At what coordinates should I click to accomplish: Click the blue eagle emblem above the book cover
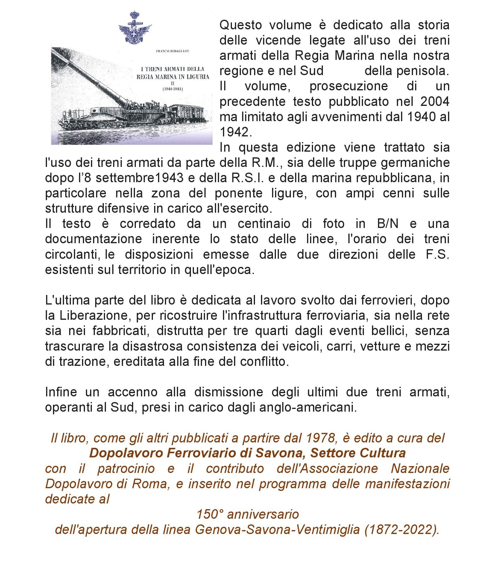(135, 28)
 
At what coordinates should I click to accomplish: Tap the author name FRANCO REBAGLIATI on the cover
(172, 51)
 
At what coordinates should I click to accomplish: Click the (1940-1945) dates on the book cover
(173, 89)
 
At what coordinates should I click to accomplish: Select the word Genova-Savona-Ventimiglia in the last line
(277, 530)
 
